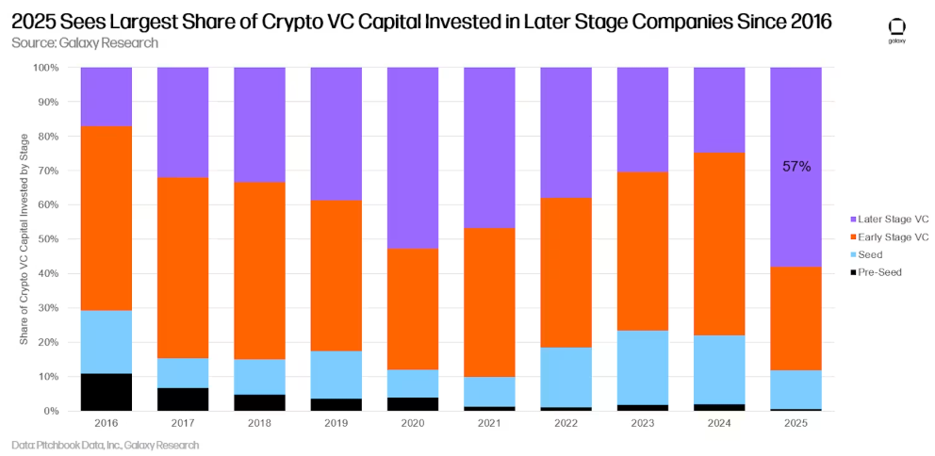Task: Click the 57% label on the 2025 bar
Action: click(x=796, y=167)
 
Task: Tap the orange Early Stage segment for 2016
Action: click(x=107, y=218)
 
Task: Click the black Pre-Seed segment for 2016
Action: click(x=107, y=392)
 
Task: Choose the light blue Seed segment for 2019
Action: click(x=336, y=374)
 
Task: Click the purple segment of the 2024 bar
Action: click(x=719, y=109)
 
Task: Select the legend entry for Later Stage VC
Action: click(x=890, y=220)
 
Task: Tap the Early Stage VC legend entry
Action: click(x=890, y=236)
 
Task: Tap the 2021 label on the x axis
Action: click(x=489, y=424)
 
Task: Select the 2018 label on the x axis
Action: click(x=260, y=424)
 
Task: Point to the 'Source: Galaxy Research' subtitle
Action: click(x=85, y=43)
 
